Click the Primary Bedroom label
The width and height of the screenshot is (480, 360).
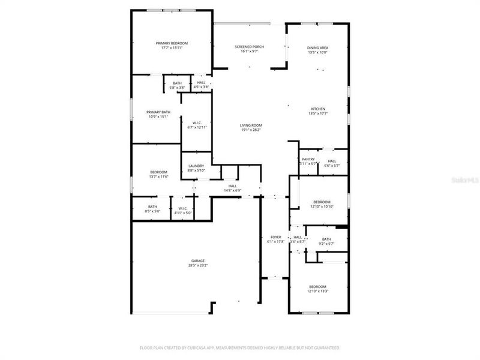pos(172,43)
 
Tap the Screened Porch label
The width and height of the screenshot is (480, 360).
pos(249,47)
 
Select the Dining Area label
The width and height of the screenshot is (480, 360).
pos(317,48)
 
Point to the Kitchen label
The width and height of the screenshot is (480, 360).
pos(317,109)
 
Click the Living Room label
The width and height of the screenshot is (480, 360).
pos(251,125)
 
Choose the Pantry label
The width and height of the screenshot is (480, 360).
pos(308,160)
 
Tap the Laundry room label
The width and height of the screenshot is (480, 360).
pos(196,166)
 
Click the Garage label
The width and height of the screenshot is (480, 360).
pos(198,261)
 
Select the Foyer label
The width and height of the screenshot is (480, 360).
pos(276,237)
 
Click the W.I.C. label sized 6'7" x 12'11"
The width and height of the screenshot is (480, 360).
pos(197,123)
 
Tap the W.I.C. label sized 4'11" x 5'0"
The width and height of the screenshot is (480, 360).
pos(183,208)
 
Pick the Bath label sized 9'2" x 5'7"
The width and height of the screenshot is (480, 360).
pos(326,239)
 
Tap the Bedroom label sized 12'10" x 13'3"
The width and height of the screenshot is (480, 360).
pos(317,287)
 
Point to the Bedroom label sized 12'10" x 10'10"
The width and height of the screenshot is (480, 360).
pos(322,202)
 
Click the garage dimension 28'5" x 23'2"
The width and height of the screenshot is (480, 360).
pos(198,265)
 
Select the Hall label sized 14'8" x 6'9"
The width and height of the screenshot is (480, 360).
pos(232,186)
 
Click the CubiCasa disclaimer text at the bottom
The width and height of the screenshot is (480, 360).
pos(240,347)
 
